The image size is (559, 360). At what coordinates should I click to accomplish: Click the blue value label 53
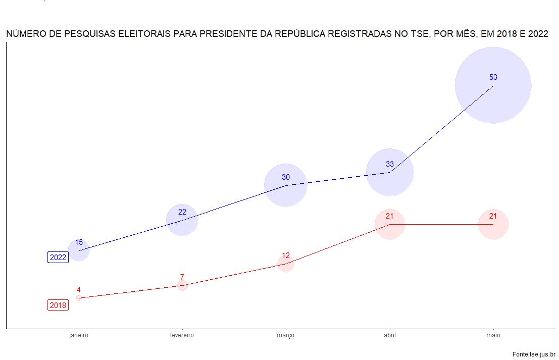coord(493,77)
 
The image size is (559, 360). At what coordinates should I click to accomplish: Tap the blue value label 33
coord(390,164)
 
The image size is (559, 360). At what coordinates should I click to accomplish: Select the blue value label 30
coord(286,177)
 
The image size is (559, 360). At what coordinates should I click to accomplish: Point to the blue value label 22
coord(182,212)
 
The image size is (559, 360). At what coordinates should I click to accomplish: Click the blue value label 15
coord(79,242)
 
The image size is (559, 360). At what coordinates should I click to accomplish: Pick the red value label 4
coord(79,290)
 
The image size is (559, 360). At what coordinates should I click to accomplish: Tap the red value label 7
coord(182,277)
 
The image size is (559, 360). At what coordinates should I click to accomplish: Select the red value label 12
coord(286,255)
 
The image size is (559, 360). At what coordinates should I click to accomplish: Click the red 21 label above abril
coord(390,216)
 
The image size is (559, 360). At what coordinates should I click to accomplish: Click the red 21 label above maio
coord(493,216)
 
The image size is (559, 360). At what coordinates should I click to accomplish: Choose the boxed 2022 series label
coord(58,258)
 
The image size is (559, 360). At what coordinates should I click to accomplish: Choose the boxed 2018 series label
coord(58,305)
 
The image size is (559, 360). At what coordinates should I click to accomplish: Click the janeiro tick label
coord(79,335)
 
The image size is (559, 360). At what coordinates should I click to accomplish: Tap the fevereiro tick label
coord(182,335)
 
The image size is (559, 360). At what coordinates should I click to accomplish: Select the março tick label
coord(286,335)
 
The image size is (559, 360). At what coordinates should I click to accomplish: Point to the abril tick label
coord(390,335)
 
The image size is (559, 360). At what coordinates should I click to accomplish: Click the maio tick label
coord(493,335)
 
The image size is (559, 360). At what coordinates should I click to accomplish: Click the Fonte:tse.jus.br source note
coord(534,355)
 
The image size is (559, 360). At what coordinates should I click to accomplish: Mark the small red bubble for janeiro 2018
coord(79,298)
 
